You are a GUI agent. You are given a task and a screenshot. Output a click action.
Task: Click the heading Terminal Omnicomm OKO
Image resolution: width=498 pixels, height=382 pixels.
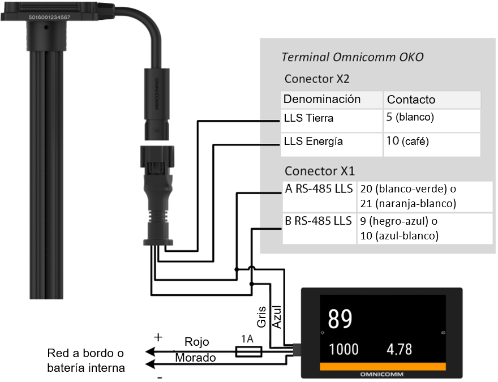352,58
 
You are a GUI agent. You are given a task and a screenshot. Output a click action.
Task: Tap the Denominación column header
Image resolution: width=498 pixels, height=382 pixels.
322,100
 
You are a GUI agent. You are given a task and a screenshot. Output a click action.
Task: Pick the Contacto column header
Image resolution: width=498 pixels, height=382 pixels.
411,100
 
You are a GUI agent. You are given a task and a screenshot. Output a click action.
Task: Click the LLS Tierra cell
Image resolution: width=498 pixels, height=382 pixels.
308,118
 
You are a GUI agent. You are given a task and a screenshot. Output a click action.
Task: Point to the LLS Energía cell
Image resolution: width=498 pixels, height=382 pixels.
314,141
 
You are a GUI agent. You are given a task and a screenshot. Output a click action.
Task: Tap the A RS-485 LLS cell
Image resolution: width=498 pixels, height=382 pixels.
319,188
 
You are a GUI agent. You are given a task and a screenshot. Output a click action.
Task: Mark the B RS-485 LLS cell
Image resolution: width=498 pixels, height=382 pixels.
319,220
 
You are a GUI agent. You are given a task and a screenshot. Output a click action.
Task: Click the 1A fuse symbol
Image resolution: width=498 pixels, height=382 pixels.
247,352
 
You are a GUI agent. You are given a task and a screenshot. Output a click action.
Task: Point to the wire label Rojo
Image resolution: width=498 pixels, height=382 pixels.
197,342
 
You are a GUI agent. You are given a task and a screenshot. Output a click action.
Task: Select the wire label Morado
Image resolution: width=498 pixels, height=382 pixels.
195,358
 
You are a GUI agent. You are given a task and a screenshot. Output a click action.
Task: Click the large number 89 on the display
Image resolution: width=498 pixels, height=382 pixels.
341,320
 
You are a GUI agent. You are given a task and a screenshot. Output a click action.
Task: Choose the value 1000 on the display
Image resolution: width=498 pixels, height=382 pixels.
344,349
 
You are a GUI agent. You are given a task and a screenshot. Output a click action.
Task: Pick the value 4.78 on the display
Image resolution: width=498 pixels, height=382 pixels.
400,349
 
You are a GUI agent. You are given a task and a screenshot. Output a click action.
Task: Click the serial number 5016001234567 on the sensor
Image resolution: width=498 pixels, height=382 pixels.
49,18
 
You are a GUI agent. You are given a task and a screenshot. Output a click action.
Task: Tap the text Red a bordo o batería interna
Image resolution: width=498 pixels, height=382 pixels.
85,360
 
